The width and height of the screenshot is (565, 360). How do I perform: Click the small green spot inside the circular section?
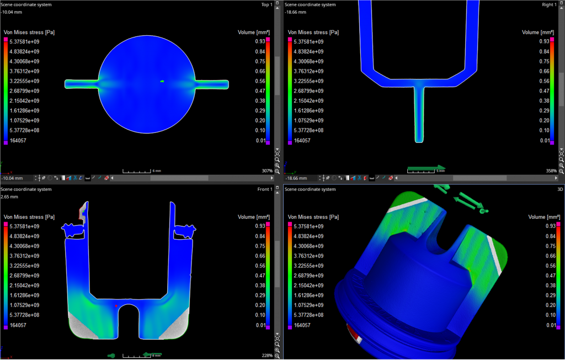click(162, 82)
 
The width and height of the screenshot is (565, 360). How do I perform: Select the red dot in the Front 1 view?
click(116, 306)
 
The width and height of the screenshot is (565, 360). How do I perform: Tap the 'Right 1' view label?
click(549, 4)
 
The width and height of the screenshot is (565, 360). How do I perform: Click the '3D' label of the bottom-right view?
click(560, 189)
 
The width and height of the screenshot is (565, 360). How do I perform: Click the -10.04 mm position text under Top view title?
click(12, 12)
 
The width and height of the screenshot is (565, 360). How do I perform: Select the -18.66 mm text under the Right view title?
click(296, 12)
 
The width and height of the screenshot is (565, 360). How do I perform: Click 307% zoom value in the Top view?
click(267, 171)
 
